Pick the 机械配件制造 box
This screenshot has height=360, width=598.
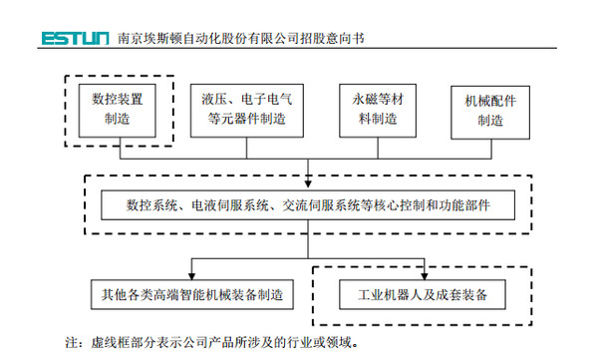click(490, 110)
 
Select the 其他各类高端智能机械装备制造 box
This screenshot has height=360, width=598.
click(191, 295)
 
